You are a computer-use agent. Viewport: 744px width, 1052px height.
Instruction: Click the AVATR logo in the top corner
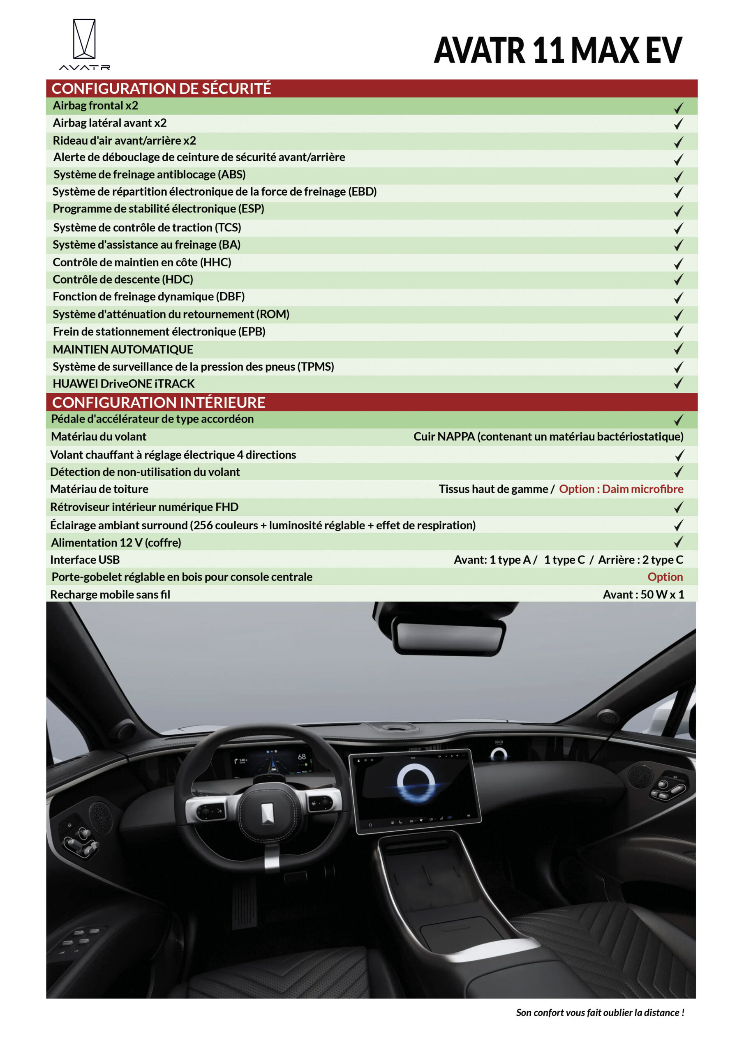click(x=84, y=44)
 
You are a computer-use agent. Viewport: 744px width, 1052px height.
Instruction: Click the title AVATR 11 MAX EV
click(x=557, y=51)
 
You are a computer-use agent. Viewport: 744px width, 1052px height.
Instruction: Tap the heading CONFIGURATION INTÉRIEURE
click(x=159, y=402)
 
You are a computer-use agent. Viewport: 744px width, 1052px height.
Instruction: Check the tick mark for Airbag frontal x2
click(x=678, y=108)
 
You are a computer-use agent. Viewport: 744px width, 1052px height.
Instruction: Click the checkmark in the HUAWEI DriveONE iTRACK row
click(x=678, y=383)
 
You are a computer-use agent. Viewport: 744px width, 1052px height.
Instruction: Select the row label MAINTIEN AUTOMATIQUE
click(x=123, y=350)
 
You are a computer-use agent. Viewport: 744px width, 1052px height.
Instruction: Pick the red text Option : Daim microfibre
click(x=621, y=489)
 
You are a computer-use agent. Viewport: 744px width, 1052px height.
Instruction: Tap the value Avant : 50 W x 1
click(x=643, y=594)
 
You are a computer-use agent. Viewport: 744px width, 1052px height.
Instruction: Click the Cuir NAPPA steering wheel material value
click(x=548, y=437)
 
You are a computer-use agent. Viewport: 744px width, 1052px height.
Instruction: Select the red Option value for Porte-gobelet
click(x=665, y=577)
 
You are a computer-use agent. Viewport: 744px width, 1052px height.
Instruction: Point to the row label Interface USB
click(x=85, y=559)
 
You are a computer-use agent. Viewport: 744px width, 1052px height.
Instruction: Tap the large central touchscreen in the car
click(x=415, y=789)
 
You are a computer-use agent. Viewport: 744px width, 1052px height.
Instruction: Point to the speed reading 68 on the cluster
click(x=302, y=757)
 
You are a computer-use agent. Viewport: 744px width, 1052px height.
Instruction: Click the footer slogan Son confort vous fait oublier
click(x=600, y=1013)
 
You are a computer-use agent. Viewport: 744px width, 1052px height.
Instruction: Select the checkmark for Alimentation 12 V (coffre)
click(x=678, y=542)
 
